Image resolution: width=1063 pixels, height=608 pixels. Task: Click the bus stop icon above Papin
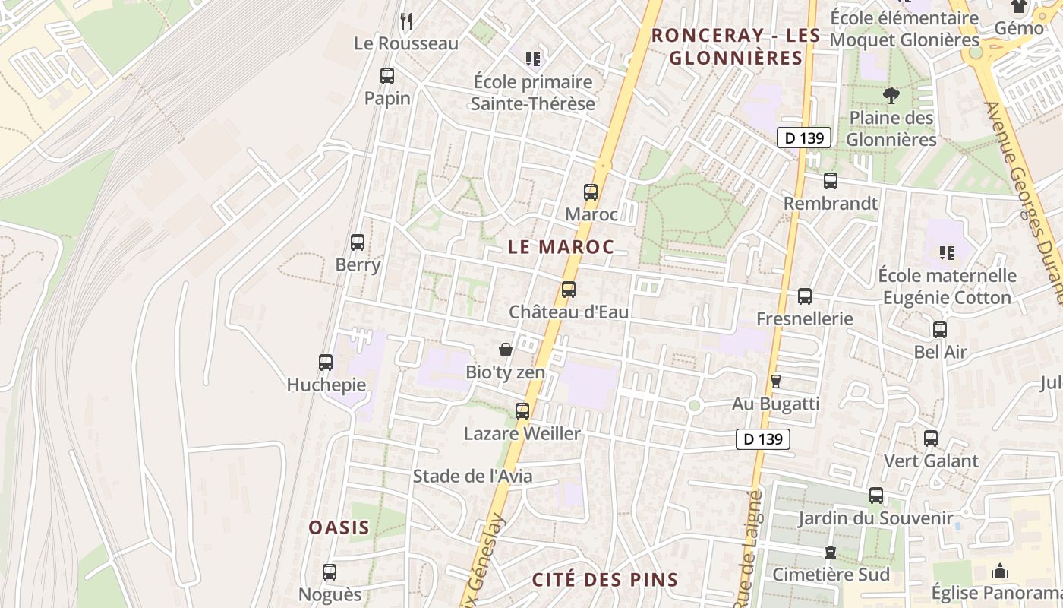click(x=387, y=76)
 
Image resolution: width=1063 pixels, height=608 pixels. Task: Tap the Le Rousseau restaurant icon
click(x=406, y=21)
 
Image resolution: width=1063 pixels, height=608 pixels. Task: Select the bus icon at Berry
click(x=358, y=242)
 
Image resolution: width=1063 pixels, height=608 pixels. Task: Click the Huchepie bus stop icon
click(x=326, y=363)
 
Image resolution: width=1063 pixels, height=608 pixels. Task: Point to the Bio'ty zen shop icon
click(x=505, y=350)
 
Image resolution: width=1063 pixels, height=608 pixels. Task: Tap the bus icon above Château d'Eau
click(x=569, y=290)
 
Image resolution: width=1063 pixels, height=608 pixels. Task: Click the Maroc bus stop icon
click(x=591, y=192)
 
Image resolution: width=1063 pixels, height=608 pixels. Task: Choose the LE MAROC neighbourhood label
click(x=560, y=247)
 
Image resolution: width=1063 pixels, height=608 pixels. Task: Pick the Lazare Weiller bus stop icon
click(x=522, y=411)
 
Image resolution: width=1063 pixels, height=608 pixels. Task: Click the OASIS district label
click(x=339, y=527)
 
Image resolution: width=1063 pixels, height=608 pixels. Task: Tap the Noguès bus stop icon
click(x=330, y=572)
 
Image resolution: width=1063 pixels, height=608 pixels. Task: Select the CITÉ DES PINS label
click(x=604, y=580)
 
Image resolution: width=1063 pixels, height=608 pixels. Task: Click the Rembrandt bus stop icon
click(x=831, y=181)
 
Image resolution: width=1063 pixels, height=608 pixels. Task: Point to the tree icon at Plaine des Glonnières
click(x=891, y=95)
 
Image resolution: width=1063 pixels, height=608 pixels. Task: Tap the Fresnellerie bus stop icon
click(x=805, y=296)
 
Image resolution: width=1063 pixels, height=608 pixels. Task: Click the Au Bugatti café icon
click(x=776, y=381)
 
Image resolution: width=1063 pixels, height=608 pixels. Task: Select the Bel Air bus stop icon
click(x=940, y=330)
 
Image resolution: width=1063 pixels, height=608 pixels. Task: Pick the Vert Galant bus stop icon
click(x=931, y=439)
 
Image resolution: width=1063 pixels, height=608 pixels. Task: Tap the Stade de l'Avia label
click(x=472, y=477)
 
